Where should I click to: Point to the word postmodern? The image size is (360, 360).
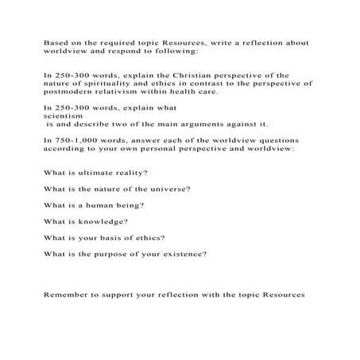tap(69, 91)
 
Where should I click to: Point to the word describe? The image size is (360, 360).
tap(97, 124)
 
